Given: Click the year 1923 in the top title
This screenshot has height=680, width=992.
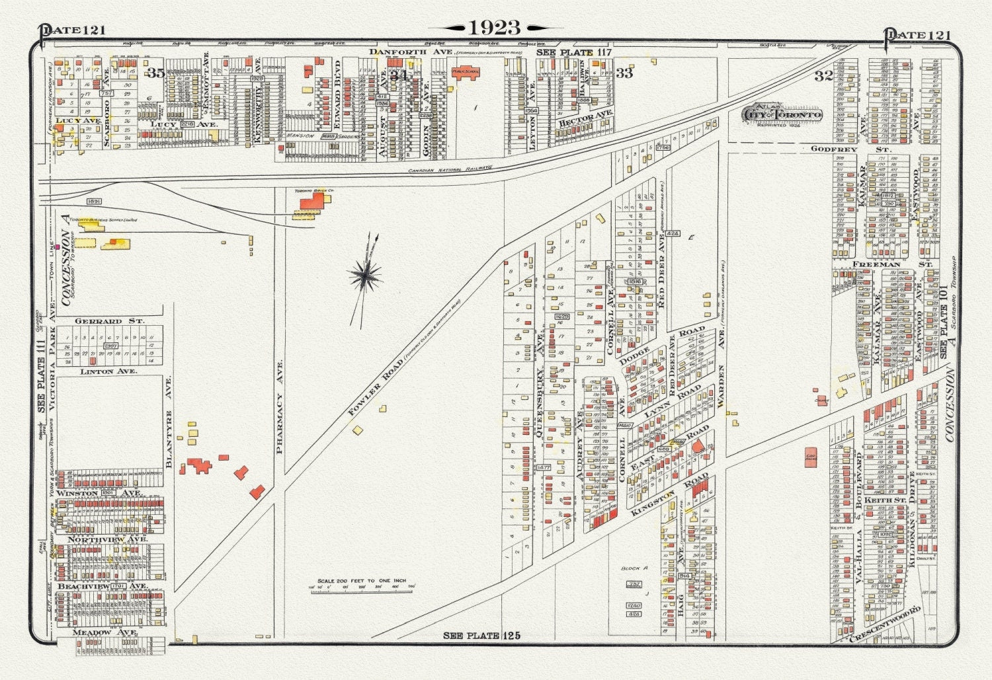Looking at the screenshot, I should coord(495,27).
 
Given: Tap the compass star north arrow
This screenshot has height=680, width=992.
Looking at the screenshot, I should coord(366,274).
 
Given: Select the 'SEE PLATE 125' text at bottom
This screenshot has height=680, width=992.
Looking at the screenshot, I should coord(481,636).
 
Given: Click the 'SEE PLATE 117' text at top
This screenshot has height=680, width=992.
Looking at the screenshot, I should coord(573,52).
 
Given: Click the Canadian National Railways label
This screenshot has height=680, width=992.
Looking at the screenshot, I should coord(450,170).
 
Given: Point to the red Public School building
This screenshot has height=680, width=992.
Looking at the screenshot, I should coord(466,72).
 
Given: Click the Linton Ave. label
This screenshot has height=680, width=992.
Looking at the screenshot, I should coord(108,371).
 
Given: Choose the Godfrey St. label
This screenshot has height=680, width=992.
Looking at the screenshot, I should coord(834,149).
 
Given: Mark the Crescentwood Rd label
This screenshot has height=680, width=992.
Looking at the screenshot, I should coord(885,625).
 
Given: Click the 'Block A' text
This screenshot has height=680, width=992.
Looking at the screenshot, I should coord(634,568).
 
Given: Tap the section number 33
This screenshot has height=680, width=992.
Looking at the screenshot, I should coord(624,73).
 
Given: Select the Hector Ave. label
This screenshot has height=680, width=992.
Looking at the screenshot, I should coord(585,118).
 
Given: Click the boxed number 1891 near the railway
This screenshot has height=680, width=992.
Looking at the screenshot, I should coord(95,201).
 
